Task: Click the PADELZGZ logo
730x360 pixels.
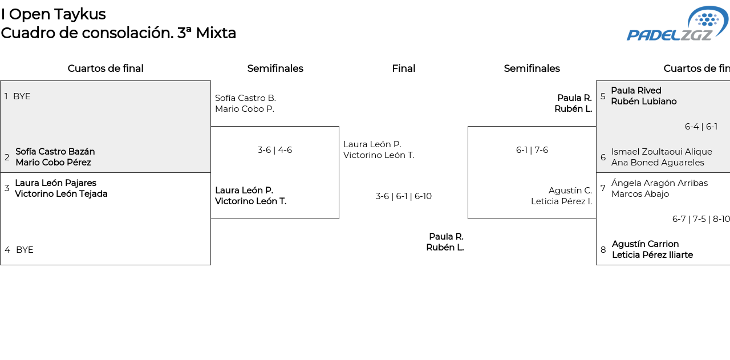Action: tap(677, 24)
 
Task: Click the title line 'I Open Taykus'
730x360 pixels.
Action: tap(53, 14)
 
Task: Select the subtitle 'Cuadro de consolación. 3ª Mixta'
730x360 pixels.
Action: tap(118, 33)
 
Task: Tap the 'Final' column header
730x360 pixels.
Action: tap(403, 68)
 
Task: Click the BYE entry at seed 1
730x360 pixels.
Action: tap(22, 96)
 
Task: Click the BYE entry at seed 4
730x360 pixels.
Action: tap(25, 250)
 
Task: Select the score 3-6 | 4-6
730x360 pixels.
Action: tap(274, 150)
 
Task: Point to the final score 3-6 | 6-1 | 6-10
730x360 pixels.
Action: tap(403, 196)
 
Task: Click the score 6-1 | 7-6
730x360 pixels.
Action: tap(532, 150)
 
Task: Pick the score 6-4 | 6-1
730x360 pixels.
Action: tap(701, 127)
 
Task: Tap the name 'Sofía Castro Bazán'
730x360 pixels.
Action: tap(55, 152)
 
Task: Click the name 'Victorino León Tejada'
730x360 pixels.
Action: tap(61, 194)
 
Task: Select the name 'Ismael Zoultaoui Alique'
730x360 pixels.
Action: tap(662, 152)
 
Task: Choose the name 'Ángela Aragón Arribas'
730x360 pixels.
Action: tap(659, 183)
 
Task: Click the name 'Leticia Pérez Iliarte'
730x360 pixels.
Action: tap(652, 255)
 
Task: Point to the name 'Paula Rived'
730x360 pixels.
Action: tap(636, 91)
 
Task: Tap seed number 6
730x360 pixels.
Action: tap(603, 157)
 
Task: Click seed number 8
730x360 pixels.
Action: tap(603, 250)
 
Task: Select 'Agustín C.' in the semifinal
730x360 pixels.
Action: tap(570, 191)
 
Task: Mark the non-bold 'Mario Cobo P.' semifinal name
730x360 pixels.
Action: tap(244, 109)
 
